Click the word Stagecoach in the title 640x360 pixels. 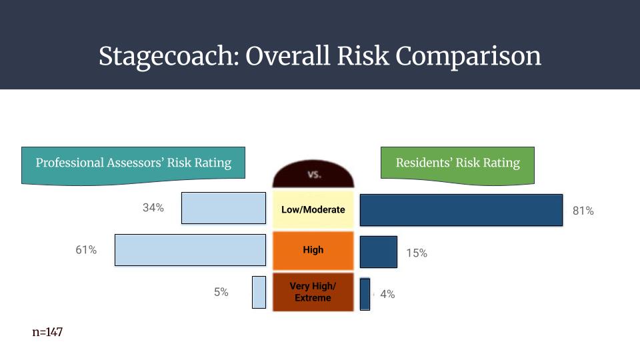click(169, 56)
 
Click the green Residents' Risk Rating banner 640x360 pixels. click(457, 165)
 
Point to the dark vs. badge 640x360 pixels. click(313, 174)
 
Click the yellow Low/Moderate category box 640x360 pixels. click(313, 209)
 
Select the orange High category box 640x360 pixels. click(313, 250)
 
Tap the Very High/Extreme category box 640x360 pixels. click(313, 292)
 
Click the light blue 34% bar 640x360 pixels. click(224, 208)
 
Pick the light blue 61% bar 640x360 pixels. click(190, 250)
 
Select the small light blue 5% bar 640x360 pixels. click(259, 292)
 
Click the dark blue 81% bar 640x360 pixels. click(461, 210)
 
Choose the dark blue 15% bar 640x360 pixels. click(379, 252)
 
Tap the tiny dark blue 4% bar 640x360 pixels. click(365, 294)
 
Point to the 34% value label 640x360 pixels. click(153, 208)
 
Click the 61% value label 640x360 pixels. click(86, 250)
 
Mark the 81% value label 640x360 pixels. click(583, 211)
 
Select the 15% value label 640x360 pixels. click(417, 253)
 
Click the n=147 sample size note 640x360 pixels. click(47, 332)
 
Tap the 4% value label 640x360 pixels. click(387, 294)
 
